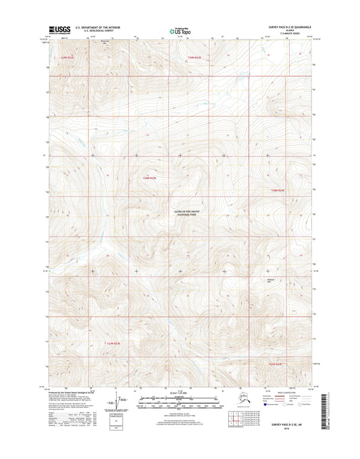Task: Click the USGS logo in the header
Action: click(x=59, y=30)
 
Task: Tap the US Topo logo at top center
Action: click(x=179, y=31)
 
